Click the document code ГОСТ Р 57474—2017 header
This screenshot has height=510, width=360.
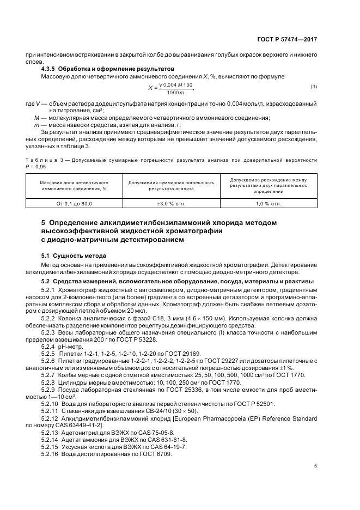coord(288,40)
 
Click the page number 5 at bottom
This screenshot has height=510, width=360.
coord(315,466)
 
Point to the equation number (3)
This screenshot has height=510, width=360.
coord(314,87)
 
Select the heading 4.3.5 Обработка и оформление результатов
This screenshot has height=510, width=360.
coord(107,69)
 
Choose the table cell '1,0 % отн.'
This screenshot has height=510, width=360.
coord(268,203)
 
